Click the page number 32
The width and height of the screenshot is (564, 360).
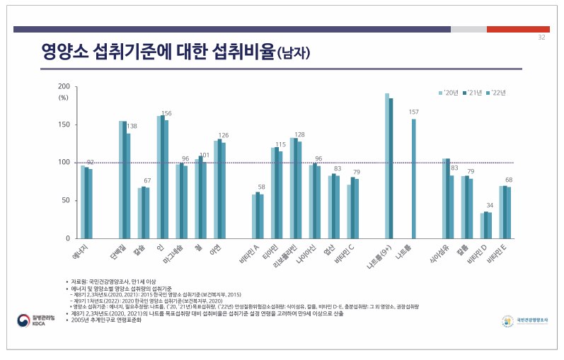(x=541, y=37)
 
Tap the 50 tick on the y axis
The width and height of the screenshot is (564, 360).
(x=64, y=201)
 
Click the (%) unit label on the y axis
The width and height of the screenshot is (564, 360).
(x=63, y=98)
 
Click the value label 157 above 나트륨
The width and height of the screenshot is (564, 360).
(x=414, y=112)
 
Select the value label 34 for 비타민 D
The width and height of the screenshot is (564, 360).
(x=490, y=206)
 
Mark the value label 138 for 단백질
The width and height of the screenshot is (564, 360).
(x=132, y=127)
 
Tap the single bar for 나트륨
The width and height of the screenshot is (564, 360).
(x=414, y=178)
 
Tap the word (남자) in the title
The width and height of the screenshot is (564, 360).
(x=292, y=53)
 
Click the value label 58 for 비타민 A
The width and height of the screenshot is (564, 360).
(x=260, y=187)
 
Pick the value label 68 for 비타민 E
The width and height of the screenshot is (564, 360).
(x=508, y=180)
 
